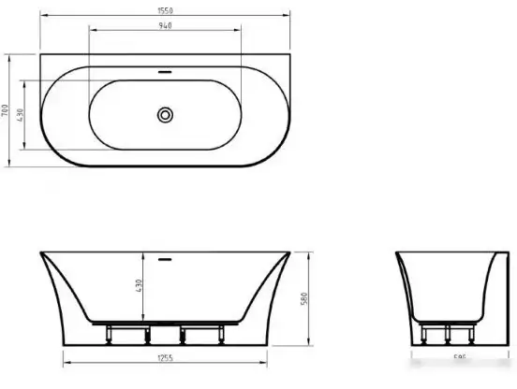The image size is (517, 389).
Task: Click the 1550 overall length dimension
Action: point(165,11)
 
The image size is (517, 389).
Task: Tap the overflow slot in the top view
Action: point(165,71)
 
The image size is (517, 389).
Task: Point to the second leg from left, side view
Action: point(144,333)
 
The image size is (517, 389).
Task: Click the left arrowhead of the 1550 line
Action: point(45,17)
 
